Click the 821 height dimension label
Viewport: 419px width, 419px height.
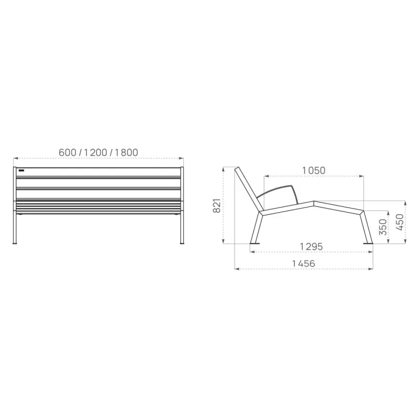[217, 206]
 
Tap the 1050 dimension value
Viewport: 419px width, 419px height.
[314, 171]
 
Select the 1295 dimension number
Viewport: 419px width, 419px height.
[311, 246]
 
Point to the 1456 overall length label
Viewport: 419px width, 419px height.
[304, 263]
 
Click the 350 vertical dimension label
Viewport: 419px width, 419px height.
[383, 227]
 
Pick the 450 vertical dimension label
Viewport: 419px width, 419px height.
[400, 222]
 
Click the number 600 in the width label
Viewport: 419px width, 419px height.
[68, 152]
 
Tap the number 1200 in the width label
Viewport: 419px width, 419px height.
[96, 152]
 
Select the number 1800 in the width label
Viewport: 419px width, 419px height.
[127, 152]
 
